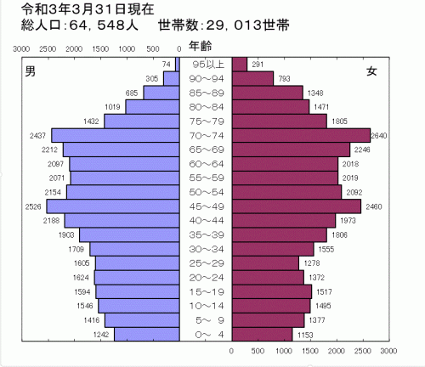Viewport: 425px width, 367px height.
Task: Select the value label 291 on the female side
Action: [x=258, y=65]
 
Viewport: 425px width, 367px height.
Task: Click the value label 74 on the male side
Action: [x=166, y=65]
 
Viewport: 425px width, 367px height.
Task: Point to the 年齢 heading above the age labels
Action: [x=201, y=45]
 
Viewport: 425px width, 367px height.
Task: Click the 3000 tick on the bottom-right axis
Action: [x=388, y=350]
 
